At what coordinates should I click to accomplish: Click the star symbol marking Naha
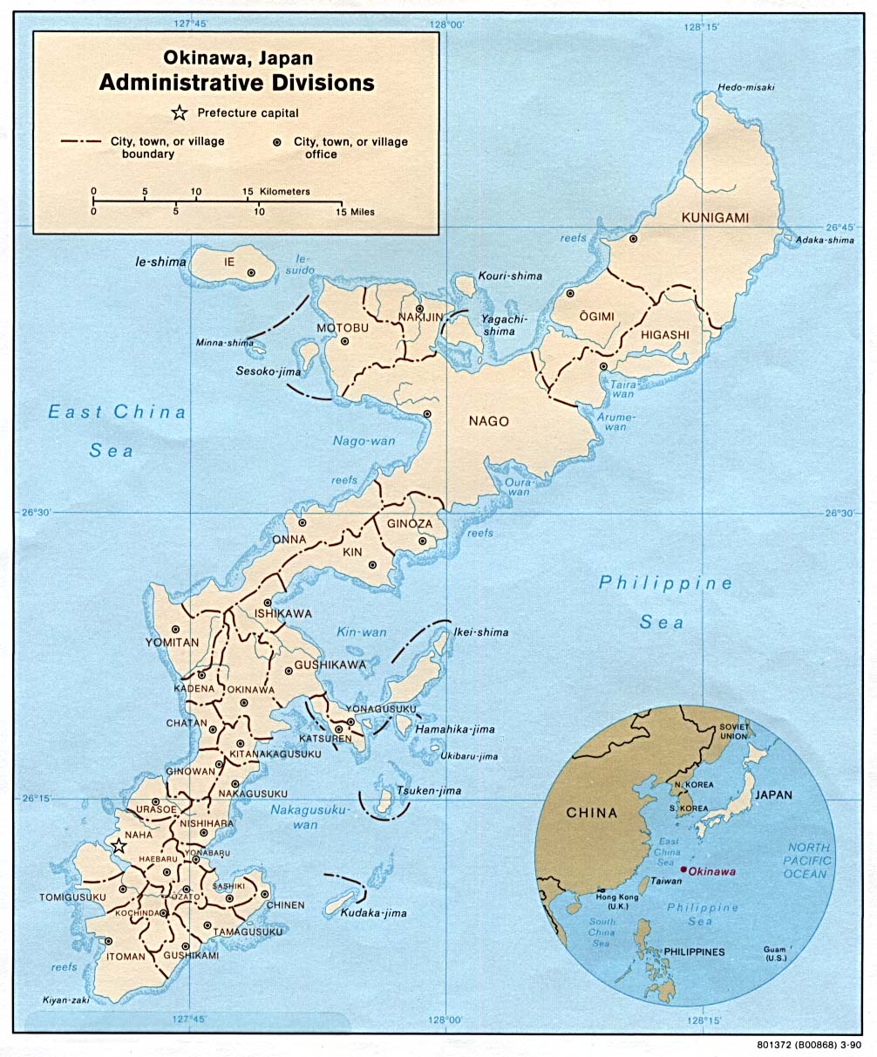click(x=119, y=846)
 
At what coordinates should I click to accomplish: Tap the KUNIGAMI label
click(x=716, y=218)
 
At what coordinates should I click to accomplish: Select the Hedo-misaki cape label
click(x=745, y=87)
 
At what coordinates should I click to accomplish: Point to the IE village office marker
click(x=251, y=273)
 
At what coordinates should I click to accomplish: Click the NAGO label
click(x=488, y=421)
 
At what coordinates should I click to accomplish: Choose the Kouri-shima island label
click(x=509, y=276)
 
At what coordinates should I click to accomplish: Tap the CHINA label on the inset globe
click(x=591, y=813)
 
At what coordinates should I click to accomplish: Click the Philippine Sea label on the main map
click(x=665, y=602)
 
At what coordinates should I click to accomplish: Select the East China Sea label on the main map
click(x=116, y=431)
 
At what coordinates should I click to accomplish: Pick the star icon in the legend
click(x=180, y=113)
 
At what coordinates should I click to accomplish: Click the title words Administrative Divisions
click(x=236, y=83)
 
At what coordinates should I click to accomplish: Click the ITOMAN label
click(x=126, y=957)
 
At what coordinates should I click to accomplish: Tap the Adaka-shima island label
click(x=825, y=240)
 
